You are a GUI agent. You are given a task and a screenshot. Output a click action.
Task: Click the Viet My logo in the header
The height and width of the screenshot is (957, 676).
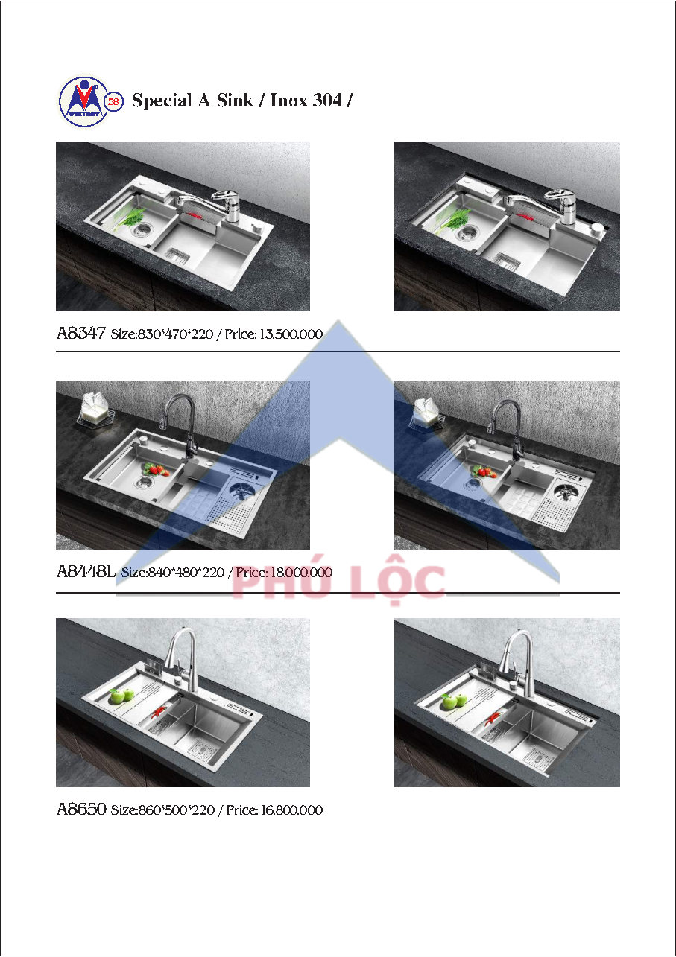click(x=85, y=102)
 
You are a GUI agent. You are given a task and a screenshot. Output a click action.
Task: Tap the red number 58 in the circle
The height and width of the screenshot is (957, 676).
click(x=114, y=102)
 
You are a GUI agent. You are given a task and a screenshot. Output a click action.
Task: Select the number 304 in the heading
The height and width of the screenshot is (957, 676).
click(x=327, y=101)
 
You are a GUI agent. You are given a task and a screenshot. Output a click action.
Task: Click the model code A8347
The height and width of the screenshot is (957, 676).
click(x=80, y=333)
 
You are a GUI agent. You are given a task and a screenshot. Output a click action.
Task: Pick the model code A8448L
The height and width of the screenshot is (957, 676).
click(x=86, y=571)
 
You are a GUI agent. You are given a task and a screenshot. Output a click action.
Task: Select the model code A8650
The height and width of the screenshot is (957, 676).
click(x=81, y=809)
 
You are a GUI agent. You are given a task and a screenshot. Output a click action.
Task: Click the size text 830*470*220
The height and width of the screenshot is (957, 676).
click(x=175, y=334)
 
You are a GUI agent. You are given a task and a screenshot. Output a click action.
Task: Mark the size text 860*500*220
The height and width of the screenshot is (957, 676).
click(x=176, y=810)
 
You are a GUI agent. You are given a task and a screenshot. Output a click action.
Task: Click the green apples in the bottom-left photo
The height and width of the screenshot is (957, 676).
click(x=121, y=696)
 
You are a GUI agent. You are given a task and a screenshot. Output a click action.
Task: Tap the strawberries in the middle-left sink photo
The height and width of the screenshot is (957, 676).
click(x=157, y=469)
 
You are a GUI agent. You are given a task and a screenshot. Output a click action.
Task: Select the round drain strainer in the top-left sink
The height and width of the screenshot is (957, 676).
click(x=141, y=231)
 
